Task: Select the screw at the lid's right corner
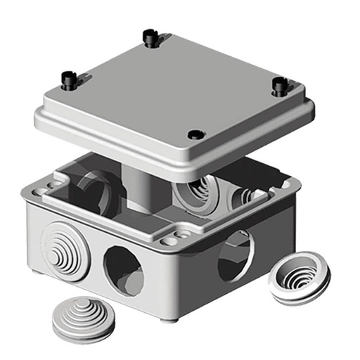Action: click(279, 86)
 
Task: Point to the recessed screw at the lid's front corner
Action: click(195, 134)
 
